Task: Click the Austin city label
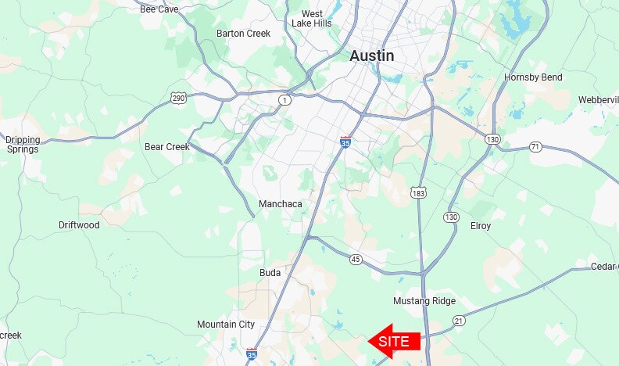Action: [371, 56]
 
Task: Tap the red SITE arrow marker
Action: [395, 341]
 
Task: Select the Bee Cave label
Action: [159, 9]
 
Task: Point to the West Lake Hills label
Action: [312, 19]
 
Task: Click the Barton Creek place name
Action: [242, 34]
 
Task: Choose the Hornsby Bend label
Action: [533, 77]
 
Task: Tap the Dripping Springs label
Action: [23, 145]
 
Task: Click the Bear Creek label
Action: [167, 146]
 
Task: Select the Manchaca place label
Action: [280, 204]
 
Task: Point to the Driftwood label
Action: [79, 225]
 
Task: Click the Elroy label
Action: [481, 226]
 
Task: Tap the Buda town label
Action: [270, 273]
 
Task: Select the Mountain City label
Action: [226, 325]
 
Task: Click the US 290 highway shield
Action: [178, 98]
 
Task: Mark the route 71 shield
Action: [535, 146]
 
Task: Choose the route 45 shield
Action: [356, 260]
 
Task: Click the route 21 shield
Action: [459, 321]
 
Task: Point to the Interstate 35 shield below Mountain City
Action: [251, 353]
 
